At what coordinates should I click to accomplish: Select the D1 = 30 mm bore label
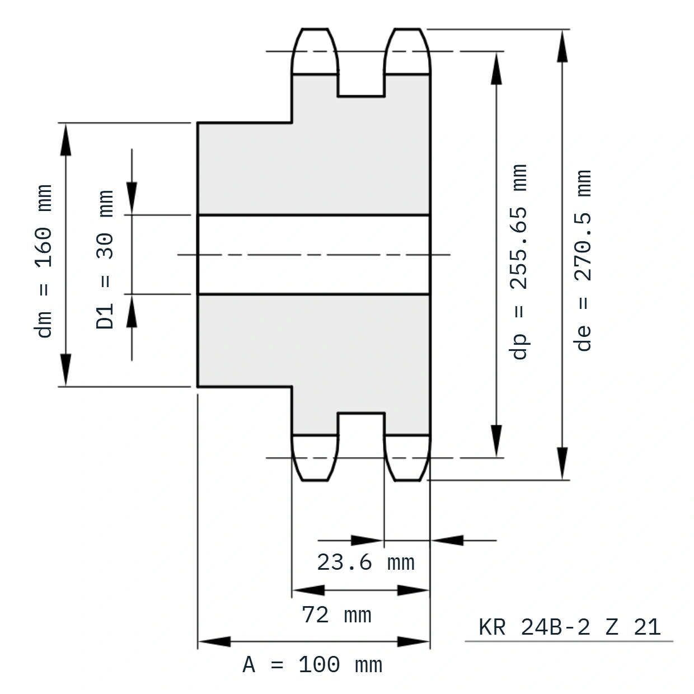105,259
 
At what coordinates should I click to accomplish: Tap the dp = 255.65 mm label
519,262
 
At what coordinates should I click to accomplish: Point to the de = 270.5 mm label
583,260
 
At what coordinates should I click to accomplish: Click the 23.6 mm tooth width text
365,562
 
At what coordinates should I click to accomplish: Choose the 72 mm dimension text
336,615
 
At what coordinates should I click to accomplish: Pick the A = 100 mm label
312,665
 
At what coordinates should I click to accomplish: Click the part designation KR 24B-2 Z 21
569,627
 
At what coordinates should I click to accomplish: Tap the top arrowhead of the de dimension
562,46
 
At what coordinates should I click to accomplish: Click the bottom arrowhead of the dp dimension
496,441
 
